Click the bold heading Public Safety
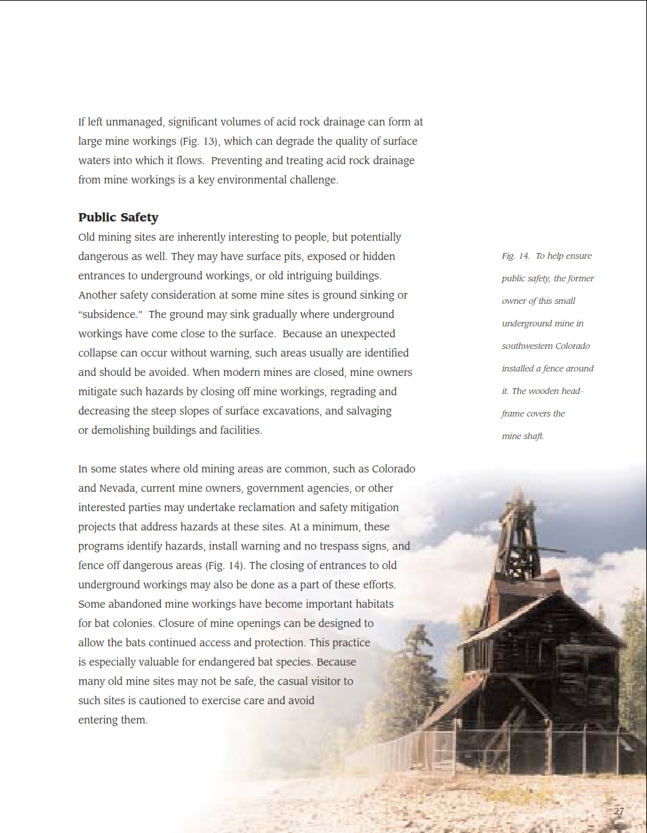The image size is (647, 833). tap(118, 218)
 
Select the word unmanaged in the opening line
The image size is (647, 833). tap(134, 122)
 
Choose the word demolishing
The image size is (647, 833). tap(120, 431)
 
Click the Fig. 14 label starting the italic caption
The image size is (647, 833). tap(516, 256)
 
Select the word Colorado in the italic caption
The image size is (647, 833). tap(572, 346)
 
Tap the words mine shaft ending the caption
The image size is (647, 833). tap(523, 436)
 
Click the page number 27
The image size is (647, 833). tap(619, 811)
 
